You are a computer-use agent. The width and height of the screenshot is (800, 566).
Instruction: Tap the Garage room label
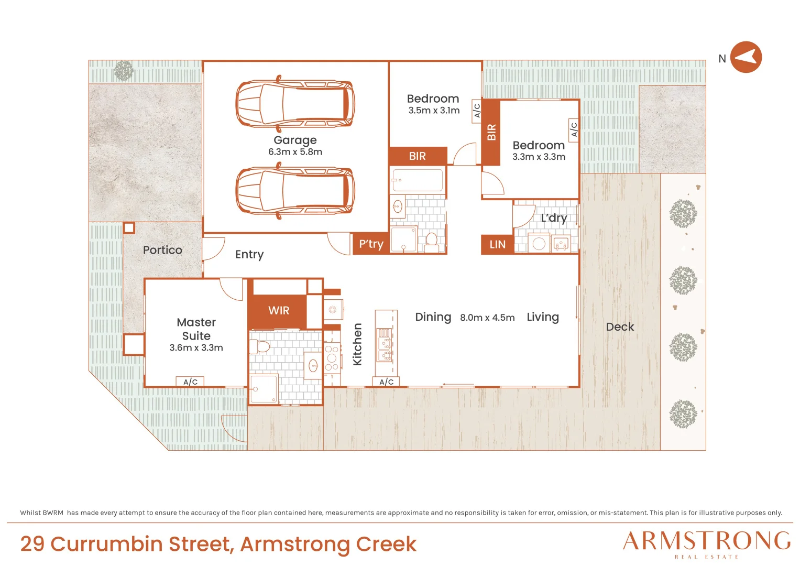pos(295,140)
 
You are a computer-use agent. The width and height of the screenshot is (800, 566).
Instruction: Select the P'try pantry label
pos(371,244)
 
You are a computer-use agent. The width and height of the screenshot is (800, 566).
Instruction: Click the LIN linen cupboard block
pos(498,244)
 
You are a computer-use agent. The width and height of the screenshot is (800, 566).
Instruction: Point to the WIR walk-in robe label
pos(279,310)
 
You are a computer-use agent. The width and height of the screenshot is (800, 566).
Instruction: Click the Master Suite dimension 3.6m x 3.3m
pos(196,347)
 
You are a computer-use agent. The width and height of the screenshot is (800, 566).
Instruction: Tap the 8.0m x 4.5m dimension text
pos(487,318)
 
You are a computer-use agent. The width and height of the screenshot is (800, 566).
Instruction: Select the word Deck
pos(620,326)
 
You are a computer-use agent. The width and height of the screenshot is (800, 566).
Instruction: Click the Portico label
pos(162,250)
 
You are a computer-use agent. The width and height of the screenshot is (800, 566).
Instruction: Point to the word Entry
pos(249,254)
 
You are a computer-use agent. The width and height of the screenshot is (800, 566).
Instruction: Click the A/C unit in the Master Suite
pos(190,382)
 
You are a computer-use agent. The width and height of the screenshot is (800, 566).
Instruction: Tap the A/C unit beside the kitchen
pos(386,382)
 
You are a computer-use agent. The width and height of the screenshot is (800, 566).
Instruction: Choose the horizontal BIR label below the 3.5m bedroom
pos(417,156)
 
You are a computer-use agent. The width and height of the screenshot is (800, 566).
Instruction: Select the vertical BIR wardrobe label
pos(491,132)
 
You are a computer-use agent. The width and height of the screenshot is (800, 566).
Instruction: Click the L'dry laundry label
pos(554,218)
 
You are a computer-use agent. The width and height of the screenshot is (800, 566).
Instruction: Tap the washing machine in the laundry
pos(539,243)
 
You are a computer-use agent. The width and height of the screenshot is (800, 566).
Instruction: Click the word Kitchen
pos(357,344)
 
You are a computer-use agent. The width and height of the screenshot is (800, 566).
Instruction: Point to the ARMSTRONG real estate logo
pos(706,545)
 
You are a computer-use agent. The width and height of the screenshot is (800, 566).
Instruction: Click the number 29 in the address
pos(32,544)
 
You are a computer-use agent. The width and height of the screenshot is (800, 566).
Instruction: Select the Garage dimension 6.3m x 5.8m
pos(295,152)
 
